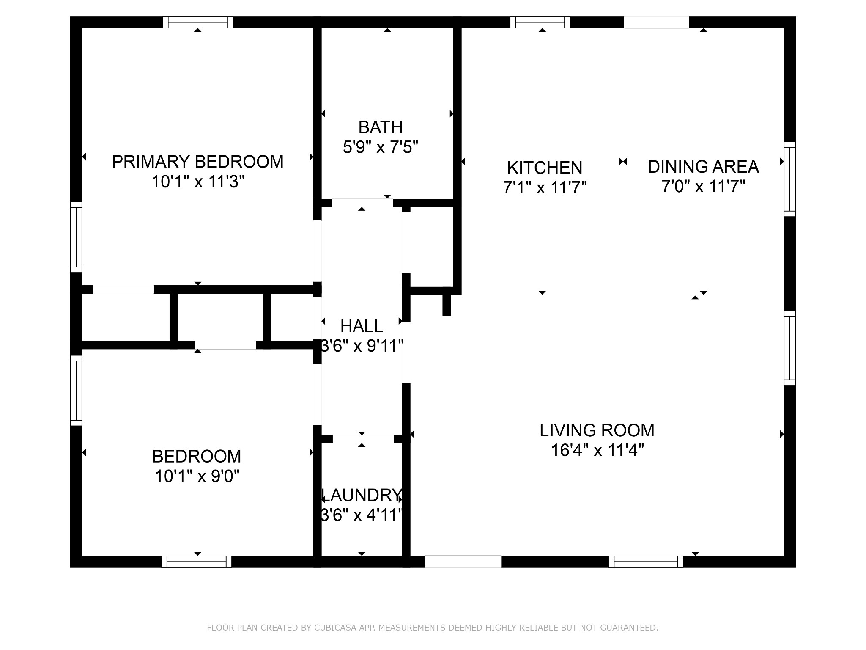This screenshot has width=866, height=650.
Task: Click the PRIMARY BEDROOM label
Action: pyautogui.click(x=197, y=162)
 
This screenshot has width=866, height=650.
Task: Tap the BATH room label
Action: pyautogui.click(x=381, y=127)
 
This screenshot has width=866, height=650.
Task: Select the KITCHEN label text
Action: pyautogui.click(x=545, y=168)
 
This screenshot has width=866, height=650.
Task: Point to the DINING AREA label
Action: pyautogui.click(x=703, y=167)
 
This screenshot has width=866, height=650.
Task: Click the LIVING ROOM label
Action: pyautogui.click(x=597, y=430)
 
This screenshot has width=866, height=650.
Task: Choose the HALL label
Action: pyautogui.click(x=362, y=326)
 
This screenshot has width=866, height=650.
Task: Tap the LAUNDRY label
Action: pyautogui.click(x=362, y=495)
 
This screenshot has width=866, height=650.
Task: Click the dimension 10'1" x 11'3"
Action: pyautogui.click(x=198, y=182)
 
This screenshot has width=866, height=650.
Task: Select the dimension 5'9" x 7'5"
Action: pyautogui.click(x=381, y=147)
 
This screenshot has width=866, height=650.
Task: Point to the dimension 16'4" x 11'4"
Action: pyautogui.click(x=597, y=450)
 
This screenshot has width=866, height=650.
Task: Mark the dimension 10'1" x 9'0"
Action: pyautogui.click(x=197, y=476)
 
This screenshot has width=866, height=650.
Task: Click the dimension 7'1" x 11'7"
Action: pyautogui.click(x=545, y=187)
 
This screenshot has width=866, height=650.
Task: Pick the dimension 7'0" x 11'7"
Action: pyautogui.click(x=703, y=186)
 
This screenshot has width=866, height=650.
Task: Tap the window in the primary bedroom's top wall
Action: pyautogui.click(x=198, y=22)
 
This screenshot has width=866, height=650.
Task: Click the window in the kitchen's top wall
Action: pyautogui.click(x=540, y=22)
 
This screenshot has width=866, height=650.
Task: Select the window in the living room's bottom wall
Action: pyautogui.click(x=646, y=562)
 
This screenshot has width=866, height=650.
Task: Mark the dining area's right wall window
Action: pyautogui.click(x=789, y=179)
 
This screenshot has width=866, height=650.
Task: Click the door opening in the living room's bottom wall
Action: pyautogui.click(x=463, y=562)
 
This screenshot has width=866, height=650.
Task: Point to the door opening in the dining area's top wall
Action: pyautogui.click(x=656, y=22)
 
